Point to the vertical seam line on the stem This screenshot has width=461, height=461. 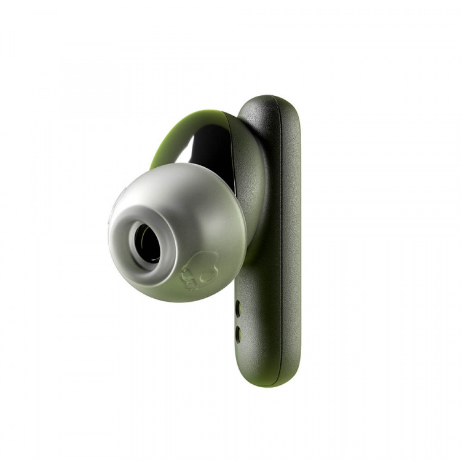(282, 246)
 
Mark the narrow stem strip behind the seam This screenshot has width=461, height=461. (291, 246)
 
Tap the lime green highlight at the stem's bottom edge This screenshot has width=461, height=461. (258, 382)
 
